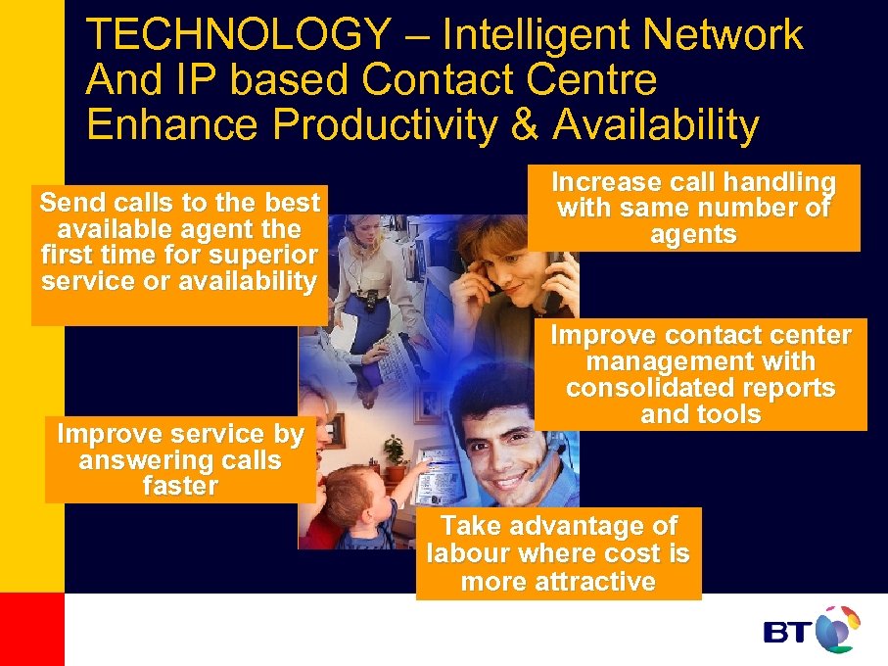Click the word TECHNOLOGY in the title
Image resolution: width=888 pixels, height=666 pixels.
[x=237, y=36]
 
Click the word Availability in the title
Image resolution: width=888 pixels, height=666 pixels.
[x=655, y=125]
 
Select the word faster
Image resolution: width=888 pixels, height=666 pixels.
[x=180, y=487]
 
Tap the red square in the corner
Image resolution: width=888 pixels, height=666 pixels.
[x=31, y=629]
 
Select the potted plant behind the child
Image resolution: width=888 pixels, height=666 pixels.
[x=394, y=452]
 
